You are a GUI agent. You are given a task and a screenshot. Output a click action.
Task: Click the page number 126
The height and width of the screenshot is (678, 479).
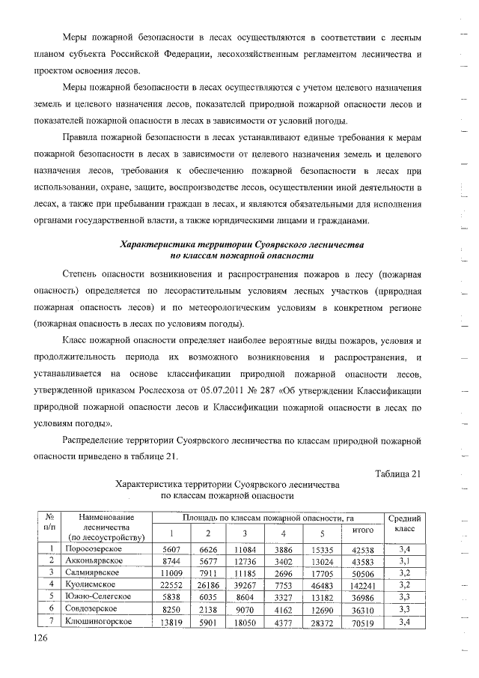40,638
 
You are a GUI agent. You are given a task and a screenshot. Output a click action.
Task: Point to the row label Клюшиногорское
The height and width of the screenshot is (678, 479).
100,621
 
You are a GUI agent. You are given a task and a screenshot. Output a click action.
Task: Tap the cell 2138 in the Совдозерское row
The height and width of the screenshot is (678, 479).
208,610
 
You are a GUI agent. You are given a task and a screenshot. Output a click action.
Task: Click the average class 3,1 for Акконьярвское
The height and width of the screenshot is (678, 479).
405,561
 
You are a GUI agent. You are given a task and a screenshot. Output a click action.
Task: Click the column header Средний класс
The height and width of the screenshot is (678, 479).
405,524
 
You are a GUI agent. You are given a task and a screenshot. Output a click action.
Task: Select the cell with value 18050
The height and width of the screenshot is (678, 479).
245,622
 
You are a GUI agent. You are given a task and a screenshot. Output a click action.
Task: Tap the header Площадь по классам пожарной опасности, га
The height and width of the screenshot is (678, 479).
269,518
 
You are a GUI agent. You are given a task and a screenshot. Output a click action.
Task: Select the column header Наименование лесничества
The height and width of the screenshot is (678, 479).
109,527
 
